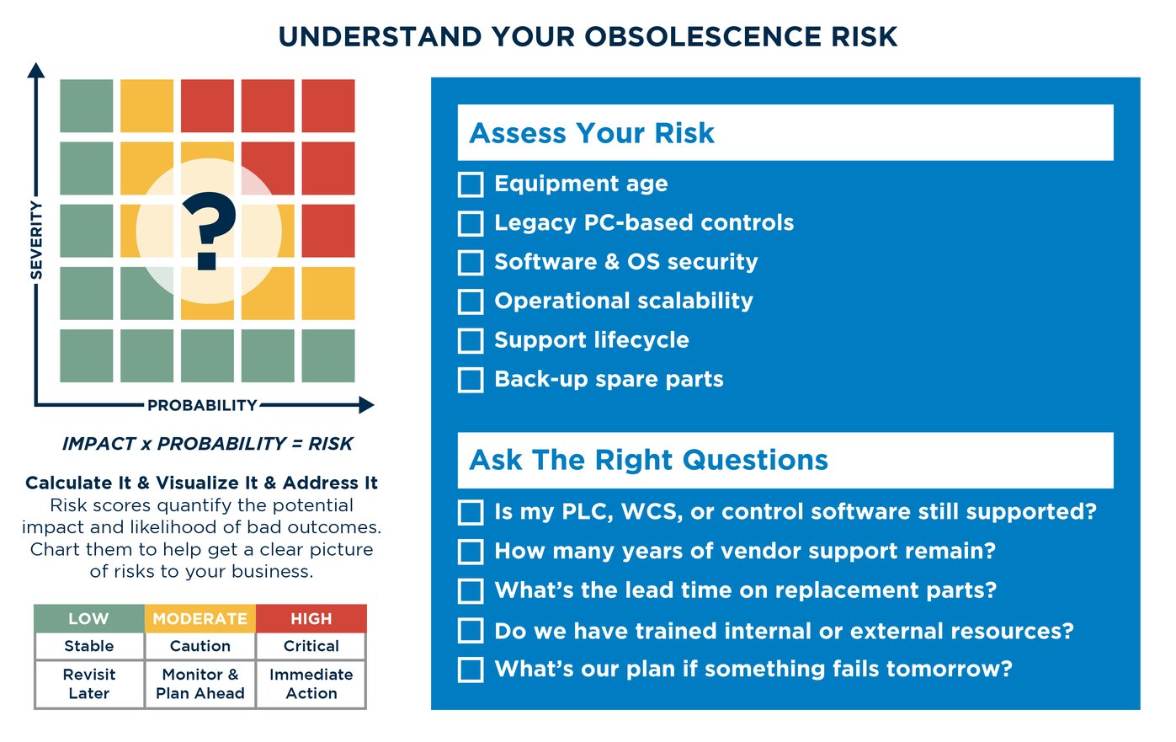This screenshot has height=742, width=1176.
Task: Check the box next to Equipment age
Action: pos(471,184)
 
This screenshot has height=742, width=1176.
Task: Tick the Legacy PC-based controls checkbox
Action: pos(471,223)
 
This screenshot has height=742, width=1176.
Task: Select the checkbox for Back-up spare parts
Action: pos(471,380)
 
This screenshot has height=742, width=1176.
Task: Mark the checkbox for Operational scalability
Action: pos(471,302)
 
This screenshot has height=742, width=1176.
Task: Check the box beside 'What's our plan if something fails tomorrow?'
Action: pos(471,670)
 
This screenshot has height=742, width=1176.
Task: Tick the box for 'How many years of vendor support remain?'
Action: pos(471,552)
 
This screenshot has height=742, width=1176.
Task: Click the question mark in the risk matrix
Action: pos(209,232)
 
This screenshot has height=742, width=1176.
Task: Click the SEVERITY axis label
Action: pos(36,239)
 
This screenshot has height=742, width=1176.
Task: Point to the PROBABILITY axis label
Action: pos(202,405)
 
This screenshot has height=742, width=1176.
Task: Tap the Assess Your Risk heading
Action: pos(592,133)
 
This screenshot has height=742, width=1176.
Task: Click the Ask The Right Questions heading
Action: pos(648,460)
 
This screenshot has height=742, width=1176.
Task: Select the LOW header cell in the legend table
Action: pos(88,619)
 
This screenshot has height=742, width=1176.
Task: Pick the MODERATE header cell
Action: pos(200,619)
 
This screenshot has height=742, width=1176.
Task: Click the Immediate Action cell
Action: pos(311,684)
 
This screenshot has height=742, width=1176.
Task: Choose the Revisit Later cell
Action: pos(88,684)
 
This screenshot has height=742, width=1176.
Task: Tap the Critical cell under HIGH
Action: pos(311,646)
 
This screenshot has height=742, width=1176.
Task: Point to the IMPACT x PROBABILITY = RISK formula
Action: pos(207,444)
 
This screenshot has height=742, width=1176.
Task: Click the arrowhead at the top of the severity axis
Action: pos(35,70)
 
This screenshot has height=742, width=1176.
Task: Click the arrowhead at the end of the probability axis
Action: pos(366,405)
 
